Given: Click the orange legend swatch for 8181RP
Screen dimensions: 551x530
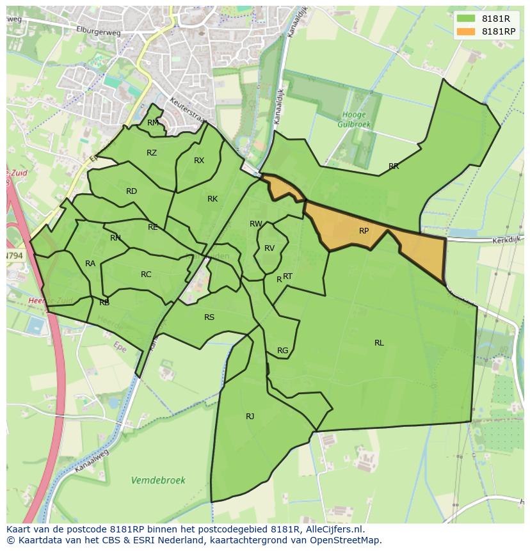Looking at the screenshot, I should click(x=466, y=31).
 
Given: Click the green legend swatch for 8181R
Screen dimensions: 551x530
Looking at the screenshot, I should click(x=466, y=19).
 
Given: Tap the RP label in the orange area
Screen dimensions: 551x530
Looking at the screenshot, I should click(x=364, y=231).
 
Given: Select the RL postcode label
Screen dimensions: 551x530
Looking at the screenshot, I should click(x=379, y=343).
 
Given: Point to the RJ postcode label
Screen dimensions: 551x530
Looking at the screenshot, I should click(x=250, y=417).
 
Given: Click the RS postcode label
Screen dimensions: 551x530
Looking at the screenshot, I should click(x=209, y=317).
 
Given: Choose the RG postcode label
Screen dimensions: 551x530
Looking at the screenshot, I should click(x=282, y=351).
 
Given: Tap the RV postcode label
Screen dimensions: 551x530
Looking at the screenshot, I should click(x=269, y=248).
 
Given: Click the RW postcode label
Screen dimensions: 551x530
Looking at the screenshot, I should click(x=256, y=224).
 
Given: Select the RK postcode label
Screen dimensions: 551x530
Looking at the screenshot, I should click(x=213, y=199).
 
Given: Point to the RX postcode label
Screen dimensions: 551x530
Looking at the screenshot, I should click(x=199, y=161).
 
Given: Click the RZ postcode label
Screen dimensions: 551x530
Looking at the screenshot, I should click(x=152, y=153).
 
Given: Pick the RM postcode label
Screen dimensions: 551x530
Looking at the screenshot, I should click(x=153, y=123).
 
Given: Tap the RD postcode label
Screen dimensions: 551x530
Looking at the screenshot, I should click(x=131, y=191).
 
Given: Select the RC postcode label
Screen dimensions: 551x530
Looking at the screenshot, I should click(x=146, y=275).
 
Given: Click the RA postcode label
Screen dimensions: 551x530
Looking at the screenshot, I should click(x=90, y=264).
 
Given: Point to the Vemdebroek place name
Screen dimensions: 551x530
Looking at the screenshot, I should click(x=157, y=480).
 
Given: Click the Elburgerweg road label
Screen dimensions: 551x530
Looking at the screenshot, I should click(x=70, y=28).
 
